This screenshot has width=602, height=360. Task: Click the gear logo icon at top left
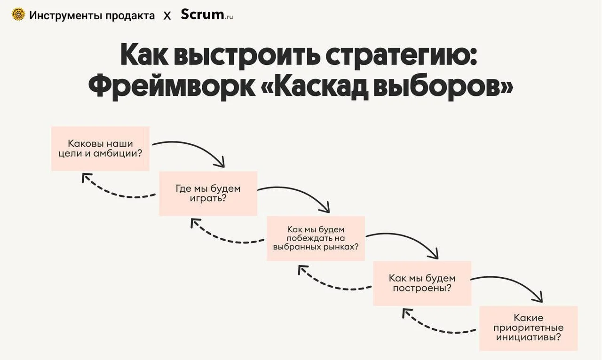click(x=18, y=15)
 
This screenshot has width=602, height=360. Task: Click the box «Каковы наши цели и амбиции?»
click(x=100, y=149)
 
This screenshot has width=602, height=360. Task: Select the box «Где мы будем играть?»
click(x=208, y=194)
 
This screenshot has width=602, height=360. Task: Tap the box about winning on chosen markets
click(x=316, y=238)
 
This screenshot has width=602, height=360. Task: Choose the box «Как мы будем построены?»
click(x=422, y=283)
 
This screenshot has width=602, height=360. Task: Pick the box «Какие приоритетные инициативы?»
click(x=528, y=328)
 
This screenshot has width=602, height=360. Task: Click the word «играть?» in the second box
click(x=208, y=198)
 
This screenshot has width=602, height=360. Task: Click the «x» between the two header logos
click(x=167, y=16)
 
